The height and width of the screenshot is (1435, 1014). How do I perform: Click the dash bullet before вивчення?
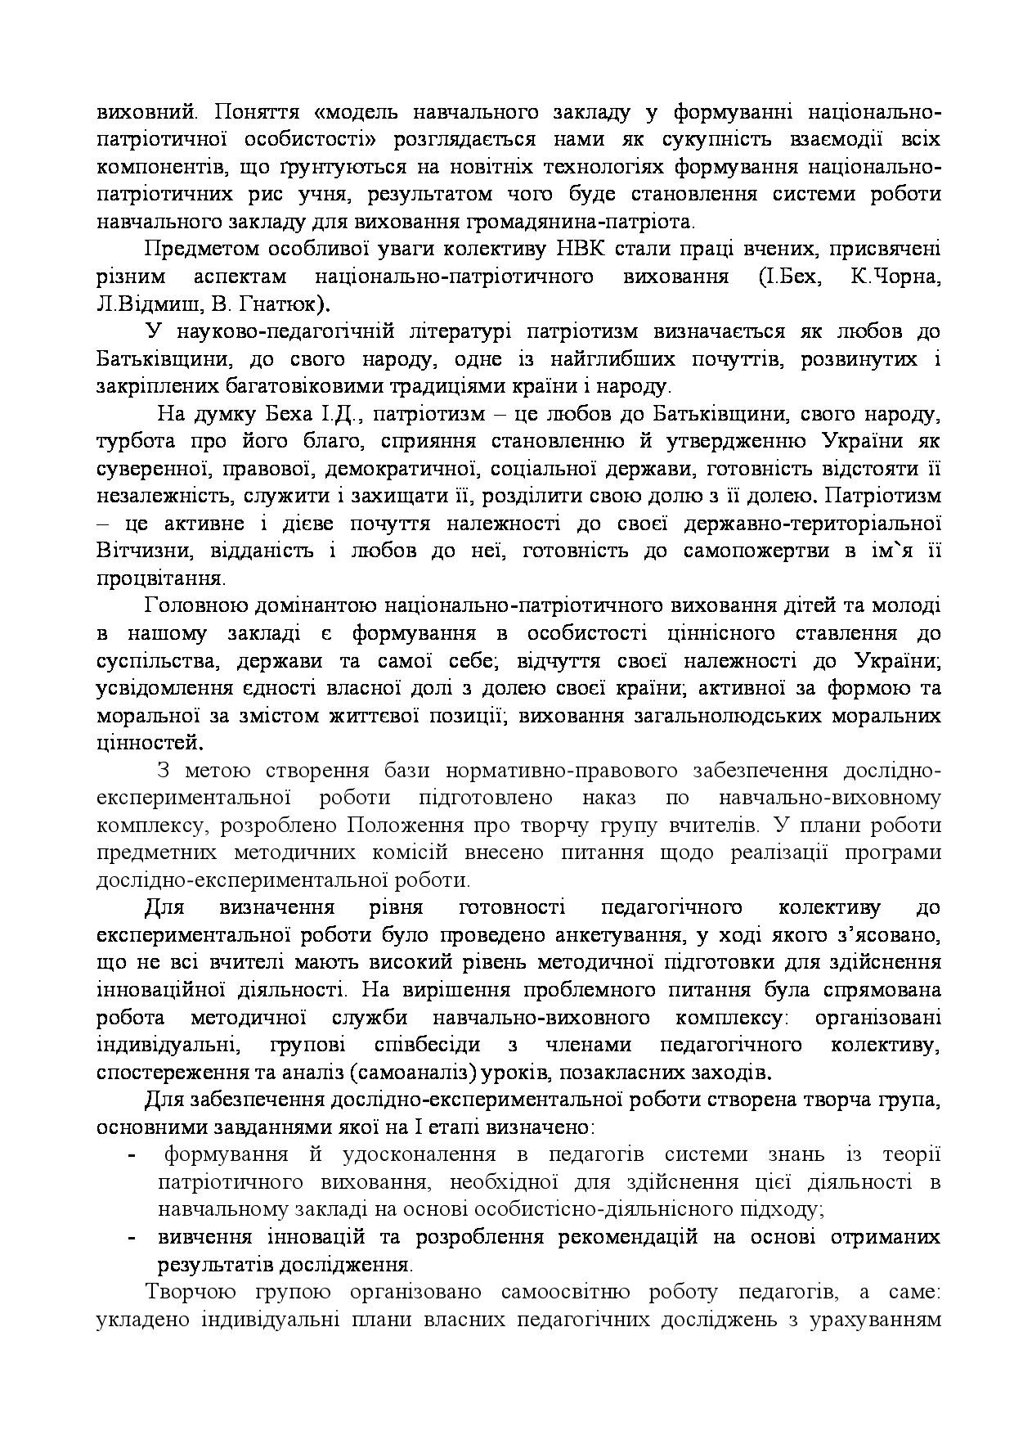[132, 1237]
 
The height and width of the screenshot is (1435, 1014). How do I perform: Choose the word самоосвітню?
[568, 1293]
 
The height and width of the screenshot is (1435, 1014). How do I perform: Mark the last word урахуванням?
[874, 1320]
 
